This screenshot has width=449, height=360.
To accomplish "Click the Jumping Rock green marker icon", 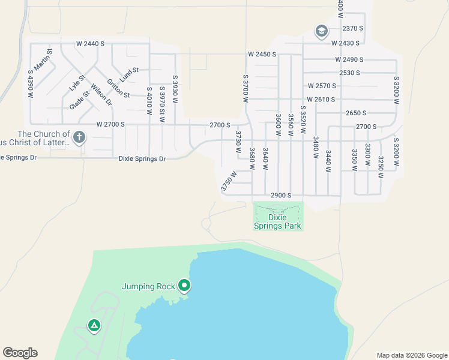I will click(x=184, y=286).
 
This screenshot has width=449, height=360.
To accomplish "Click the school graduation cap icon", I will click(x=321, y=31).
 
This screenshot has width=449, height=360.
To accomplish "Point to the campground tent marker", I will click(x=94, y=326).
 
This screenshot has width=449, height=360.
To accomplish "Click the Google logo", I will click(x=20, y=353).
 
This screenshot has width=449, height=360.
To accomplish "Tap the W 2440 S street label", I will click(x=90, y=44).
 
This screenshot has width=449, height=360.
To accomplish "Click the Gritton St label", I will click(x=118, y=88).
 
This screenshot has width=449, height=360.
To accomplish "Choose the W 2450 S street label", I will click(x=262, y=54).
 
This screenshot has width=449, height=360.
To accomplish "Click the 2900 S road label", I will click(x=280, y=196).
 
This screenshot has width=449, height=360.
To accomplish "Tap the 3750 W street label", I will click(x=229, y=182).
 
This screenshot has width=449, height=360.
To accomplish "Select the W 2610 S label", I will click(x=321, y=99).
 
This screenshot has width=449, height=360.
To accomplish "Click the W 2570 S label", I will click(x=321, y=86).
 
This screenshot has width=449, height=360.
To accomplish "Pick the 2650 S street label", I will click(x=356, y=113).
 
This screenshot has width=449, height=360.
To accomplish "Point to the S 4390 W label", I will click(x=31, y=84).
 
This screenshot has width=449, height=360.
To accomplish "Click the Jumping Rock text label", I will click(x=148, y=286).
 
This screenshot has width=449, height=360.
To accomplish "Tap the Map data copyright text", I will click(x=411, y=355).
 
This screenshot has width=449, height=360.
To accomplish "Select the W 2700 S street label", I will click(x=110, y=124).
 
